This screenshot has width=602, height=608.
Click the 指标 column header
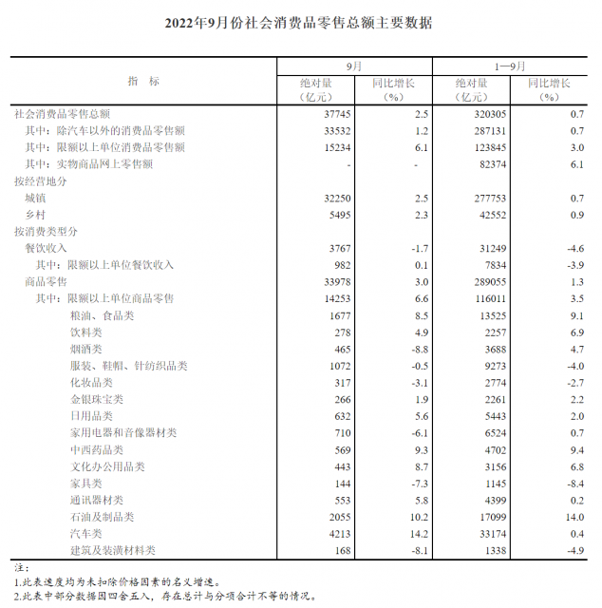click(143, 81)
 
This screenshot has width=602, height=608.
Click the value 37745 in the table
click(327, 113)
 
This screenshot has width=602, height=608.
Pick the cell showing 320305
click(472, 113)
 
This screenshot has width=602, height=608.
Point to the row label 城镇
click(35, 198)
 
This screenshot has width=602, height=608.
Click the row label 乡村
click(35, 215)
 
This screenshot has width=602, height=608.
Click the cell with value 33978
click(327, 282)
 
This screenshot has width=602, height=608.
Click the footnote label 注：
click(22, 567)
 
